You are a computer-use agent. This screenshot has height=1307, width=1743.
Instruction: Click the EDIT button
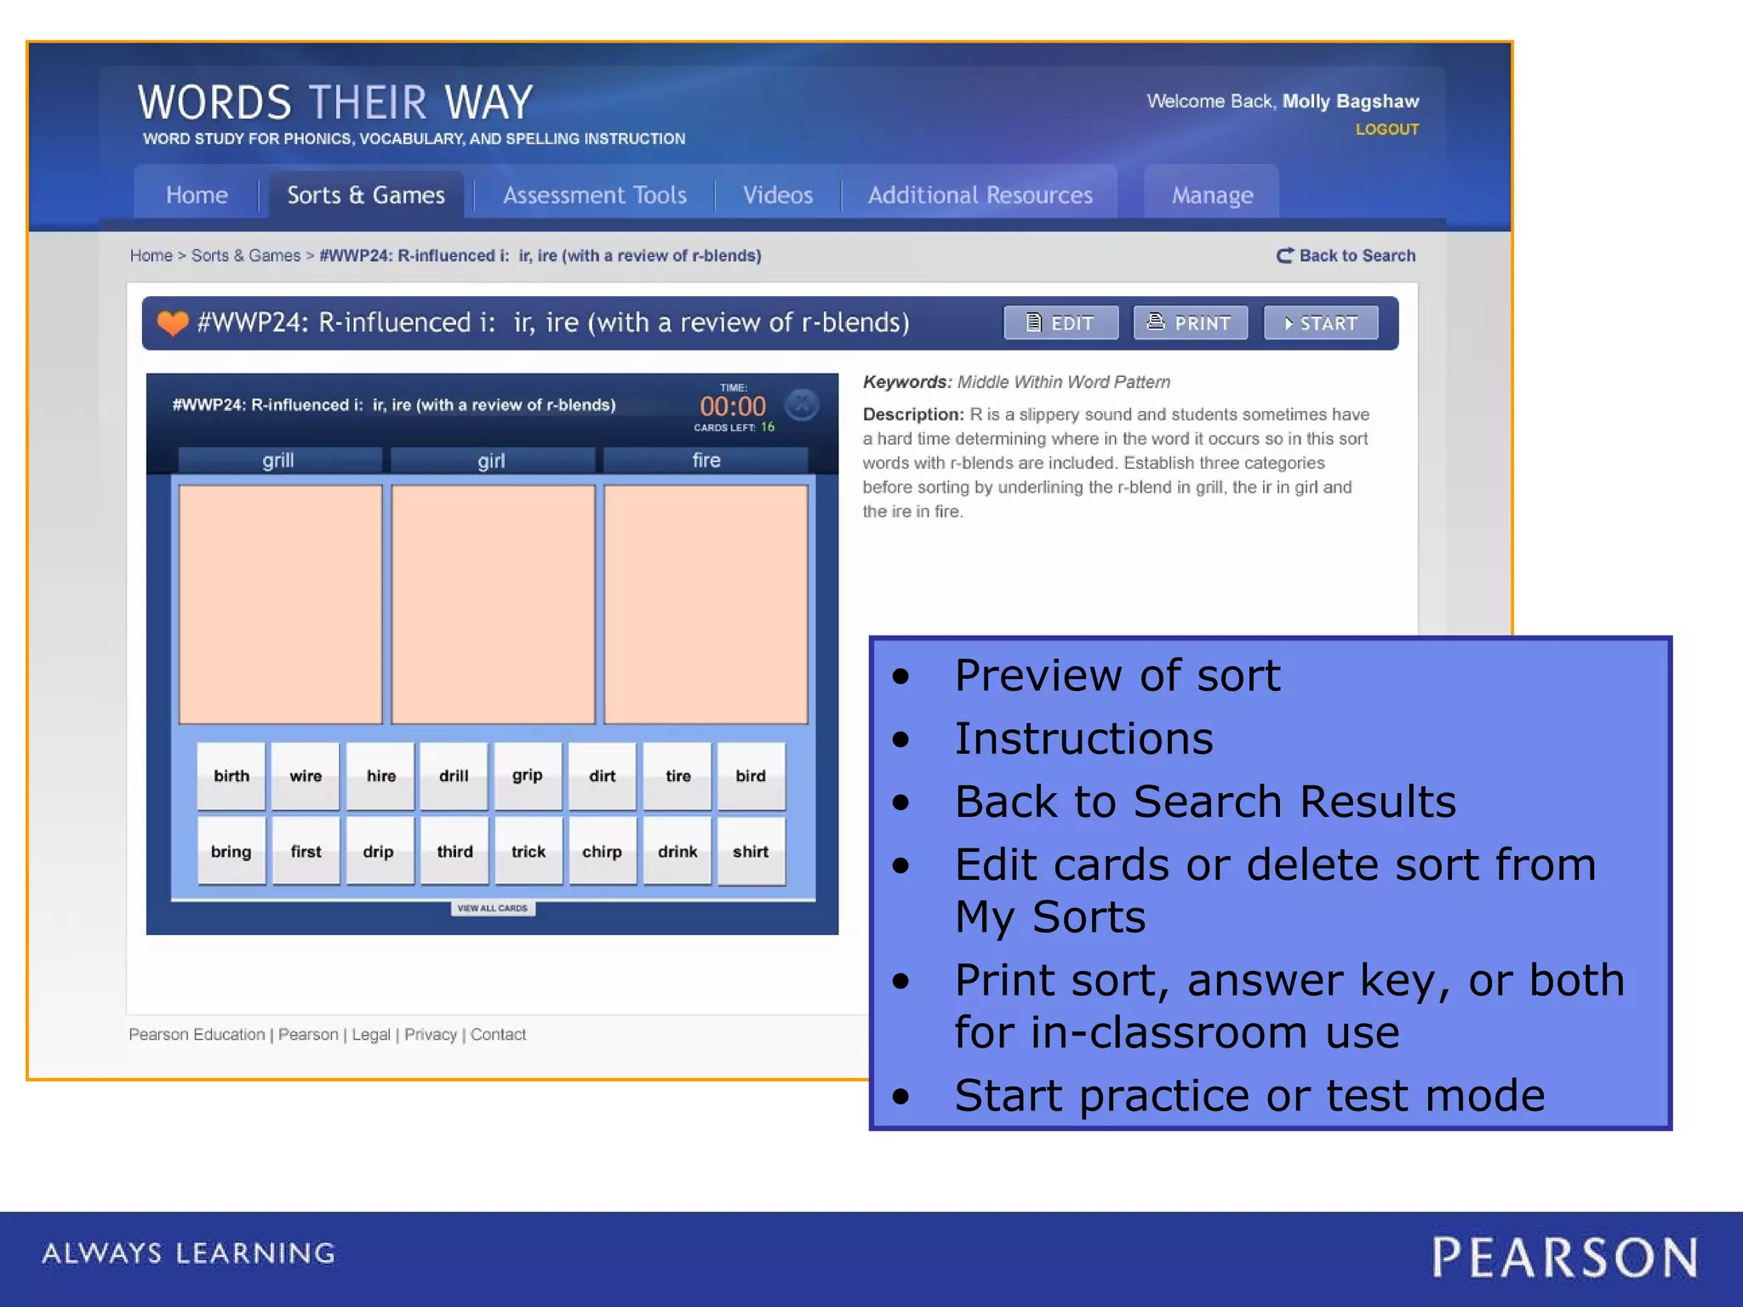pyautogui.click(x=1060, y=323)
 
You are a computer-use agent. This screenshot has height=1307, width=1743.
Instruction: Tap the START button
pyautogui.click(x=1320, y=323)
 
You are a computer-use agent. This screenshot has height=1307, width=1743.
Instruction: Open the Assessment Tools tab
pyautogui.click(x=594, y=195)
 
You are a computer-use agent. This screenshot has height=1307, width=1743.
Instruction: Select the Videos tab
pyautogui.click(x=777, y=195)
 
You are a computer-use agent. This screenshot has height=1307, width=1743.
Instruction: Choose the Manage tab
pyautogui.click(x=1212, y=195)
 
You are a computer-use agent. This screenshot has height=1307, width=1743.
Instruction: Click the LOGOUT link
pyautogui.click(x=1386, y=129)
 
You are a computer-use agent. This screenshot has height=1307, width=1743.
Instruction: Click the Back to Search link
pyautogui.click(x=1346, y=255)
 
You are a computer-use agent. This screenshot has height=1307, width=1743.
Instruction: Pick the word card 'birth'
pyautogui.click(x=231, y=776)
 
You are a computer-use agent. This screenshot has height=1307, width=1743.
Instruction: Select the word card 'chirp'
pyautogui.click(x=602, y=852)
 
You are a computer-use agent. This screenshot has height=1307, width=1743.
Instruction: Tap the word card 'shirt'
pyautogui.click(x=751, y=852)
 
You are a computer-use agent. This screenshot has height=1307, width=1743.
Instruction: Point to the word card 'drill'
pyautogui.click(x=454, y=776)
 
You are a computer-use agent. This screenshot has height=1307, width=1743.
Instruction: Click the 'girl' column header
pyautogui.click(x=492, y=460)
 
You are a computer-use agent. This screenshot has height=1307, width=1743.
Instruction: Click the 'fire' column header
pyautogui.click(x=706, y=460)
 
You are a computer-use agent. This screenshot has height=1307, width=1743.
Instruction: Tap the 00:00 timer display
pyautogui.click(x=733, y=407)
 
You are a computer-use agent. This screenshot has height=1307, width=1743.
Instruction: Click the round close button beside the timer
pyautogui.click(x=802, y=405)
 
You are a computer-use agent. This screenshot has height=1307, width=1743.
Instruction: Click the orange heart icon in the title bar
pyautogui.click(x=172, y=323)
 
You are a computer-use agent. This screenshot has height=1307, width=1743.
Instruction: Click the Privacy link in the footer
pyautogui.click(x=430, y=1035)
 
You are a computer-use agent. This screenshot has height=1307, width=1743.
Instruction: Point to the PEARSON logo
pyautogui.click(x=1564, y=1258)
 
